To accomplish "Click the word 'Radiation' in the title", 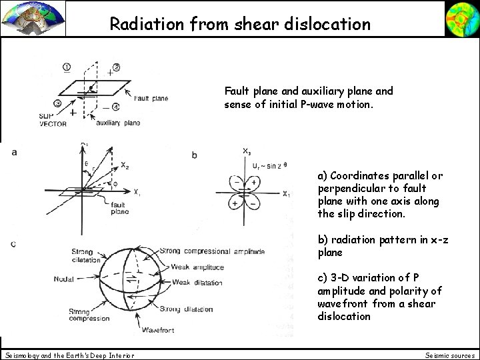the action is click(138, 24).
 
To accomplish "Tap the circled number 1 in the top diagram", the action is click(67, 67).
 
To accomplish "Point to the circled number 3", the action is click(59, 103).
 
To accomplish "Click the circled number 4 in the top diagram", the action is click(116, 107).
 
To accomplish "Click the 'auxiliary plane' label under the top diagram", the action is click(118, 123).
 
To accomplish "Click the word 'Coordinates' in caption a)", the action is click(360, 176).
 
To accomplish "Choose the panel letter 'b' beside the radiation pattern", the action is click(194, 155).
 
